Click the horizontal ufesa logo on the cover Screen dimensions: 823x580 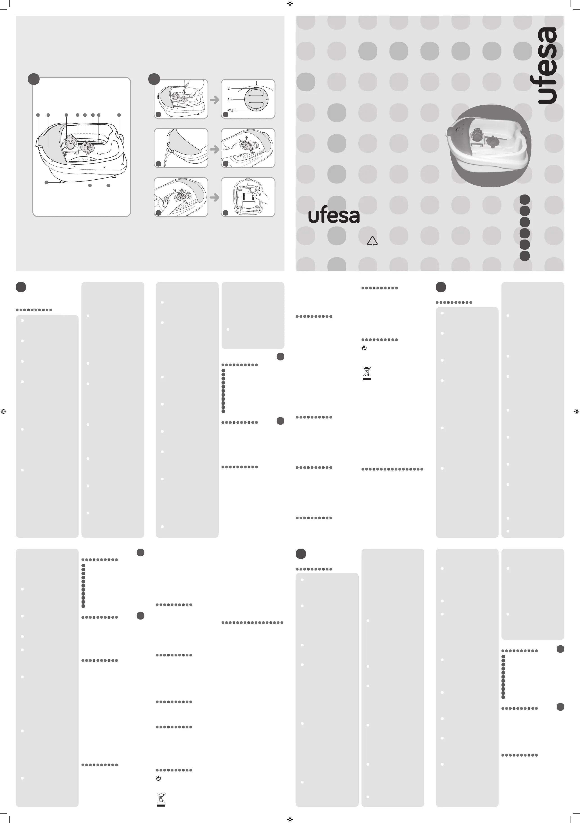334,216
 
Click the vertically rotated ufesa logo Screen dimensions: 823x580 547,66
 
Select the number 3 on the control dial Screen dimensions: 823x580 256,110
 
